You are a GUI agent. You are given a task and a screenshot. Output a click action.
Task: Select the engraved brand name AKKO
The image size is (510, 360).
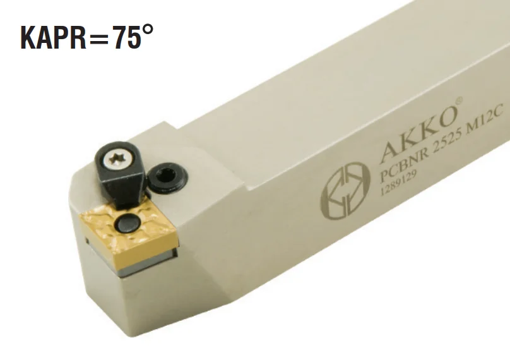pyautogui.click(x=417, y=126)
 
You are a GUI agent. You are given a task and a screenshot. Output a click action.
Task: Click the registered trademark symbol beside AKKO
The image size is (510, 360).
pyautogui.click(x=458, y=100)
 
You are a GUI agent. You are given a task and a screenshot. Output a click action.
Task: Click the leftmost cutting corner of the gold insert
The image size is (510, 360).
pyautogui.click(x=81, y=216)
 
